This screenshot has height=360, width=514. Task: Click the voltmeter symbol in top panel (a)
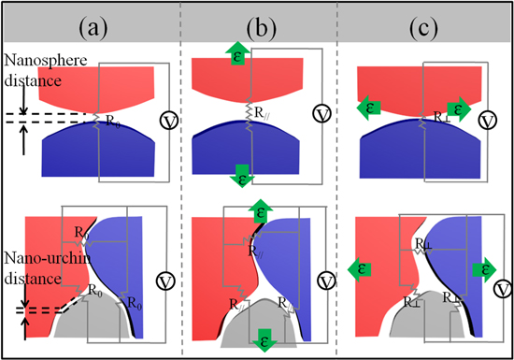169,120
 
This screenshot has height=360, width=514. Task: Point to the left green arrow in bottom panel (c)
355,269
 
